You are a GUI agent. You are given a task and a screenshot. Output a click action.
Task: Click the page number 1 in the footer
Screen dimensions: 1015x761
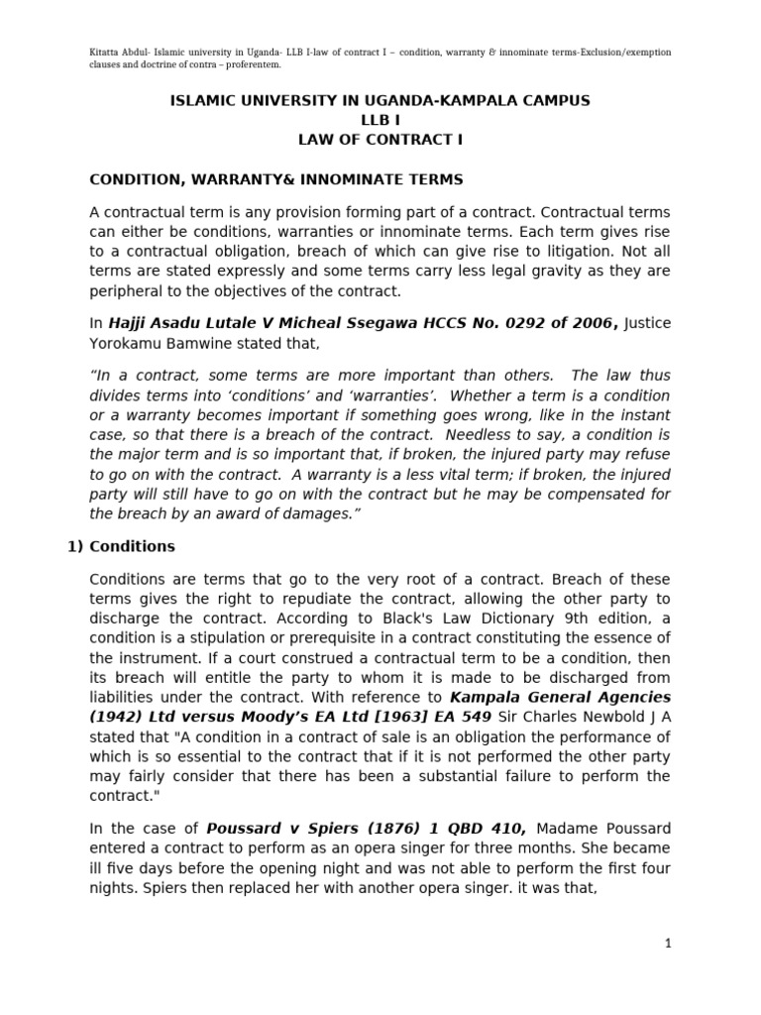pos(669,945)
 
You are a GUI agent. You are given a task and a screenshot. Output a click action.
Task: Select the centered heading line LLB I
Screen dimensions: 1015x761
pos(380,120)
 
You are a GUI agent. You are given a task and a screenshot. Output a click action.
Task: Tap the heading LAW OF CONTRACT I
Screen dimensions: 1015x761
pos(380,140)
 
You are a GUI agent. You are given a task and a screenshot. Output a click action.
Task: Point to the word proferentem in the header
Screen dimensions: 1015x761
pos(248,64)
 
